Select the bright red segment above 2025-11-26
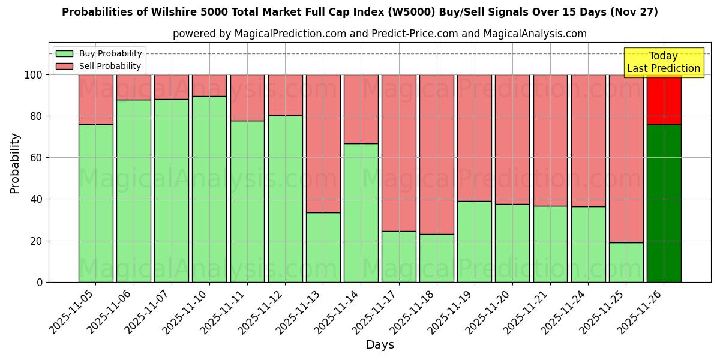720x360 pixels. [x=664, y=100]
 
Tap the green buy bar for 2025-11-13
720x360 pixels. [x=323, y=247]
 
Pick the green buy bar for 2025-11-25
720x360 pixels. [x=626, y=262]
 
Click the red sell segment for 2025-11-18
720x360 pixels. [x=436, y=154]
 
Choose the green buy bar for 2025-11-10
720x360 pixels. [x=209, y=189]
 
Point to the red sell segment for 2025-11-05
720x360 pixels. [x=95, y=100]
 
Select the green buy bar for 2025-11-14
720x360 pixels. [x=361, y=213]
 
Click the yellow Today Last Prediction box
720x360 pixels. [x=664, y=62]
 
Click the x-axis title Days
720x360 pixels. [x=380, y=345]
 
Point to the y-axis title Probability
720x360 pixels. [x=15, y=163]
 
